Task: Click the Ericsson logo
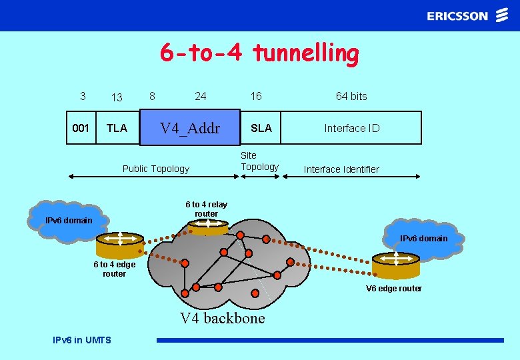pos(467,16)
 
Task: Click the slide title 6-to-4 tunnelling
pos(259,53)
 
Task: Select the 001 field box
pos(81,128)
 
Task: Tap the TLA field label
pos(117,128)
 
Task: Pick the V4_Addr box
pos(189,127)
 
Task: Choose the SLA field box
pos(261,128)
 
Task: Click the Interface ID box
pos(351,128)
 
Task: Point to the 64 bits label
pos(351,96)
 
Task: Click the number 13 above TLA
pos(117,97)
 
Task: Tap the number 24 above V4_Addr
pos(200,96)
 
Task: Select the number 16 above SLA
pos(256,96)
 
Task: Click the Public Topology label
pos(156,169)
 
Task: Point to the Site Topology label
pos(259,161)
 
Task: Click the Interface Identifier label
pos(341,169)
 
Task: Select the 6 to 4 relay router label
pos(206,209)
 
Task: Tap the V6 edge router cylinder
pos(396,265)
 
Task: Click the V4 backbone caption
pos(222,318)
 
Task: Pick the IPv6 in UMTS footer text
pos(82,340)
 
